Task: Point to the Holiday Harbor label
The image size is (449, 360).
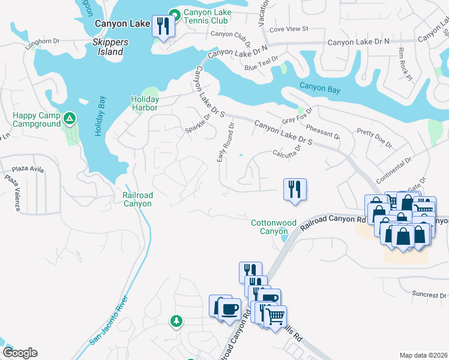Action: pyautogui.click(x=145, y=103)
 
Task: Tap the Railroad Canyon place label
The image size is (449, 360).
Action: pyautogui.click(x=137, y=199)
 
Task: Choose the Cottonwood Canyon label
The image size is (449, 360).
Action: pyautogui.click(x=274, y=227)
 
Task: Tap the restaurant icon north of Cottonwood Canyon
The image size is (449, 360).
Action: pyautogui.click(x=295, y=189)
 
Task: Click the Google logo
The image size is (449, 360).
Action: pyautogui.click(x=20, y=353)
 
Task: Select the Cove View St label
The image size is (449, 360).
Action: pyautogui.click(x=288, y=28)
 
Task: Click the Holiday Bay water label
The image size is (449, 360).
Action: pyautogui.click(x=100, y=116)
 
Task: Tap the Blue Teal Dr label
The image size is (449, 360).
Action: pyautogui.click(x=262, y=64)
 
